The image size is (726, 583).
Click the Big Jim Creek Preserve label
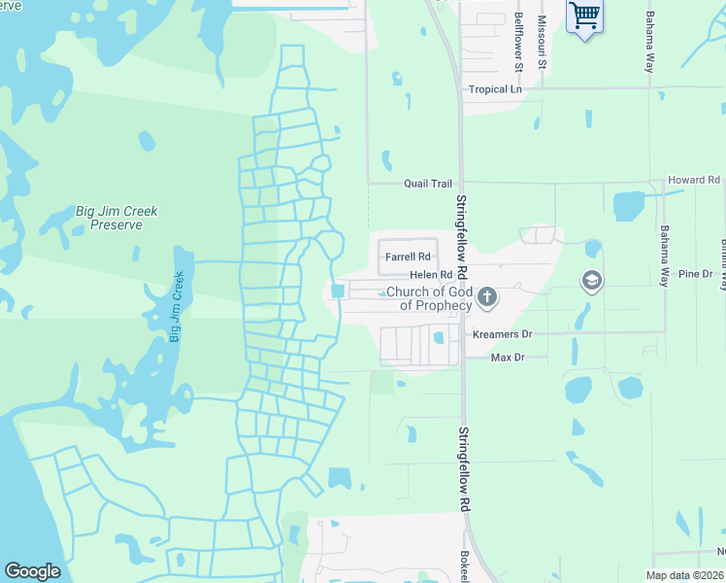click(x=116, y=218)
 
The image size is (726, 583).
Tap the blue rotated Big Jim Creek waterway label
click(x=177, y=307)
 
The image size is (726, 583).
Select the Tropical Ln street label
click(x=495, y=89)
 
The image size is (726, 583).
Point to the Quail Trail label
click(x=429, y=183)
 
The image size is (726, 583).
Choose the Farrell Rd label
click(x=407, y=257)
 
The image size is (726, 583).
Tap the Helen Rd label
click(x=432, y=276)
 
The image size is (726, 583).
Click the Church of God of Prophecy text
click(x=429, y=298)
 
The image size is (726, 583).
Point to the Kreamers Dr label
click(x=502, y=334)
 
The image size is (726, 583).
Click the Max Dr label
click(x=507, y=359)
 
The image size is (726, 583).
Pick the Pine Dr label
click(x=695, y=275)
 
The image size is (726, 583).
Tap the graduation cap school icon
click(x=591, y=282)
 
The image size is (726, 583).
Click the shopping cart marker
click(x=584, y=16)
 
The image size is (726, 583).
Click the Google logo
click(x=33, y=571)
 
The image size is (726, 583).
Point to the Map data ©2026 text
click(x=685, y=575)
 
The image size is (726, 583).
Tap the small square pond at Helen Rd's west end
click(x=338, y=291)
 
